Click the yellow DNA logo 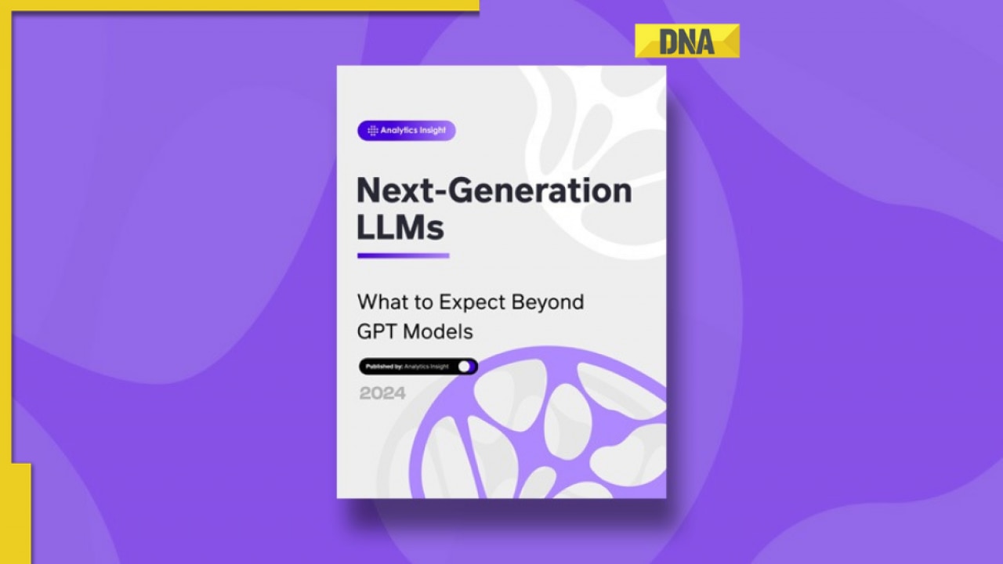coord(686,41)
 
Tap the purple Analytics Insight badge coord(406,131)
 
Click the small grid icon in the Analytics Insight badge coord(372,131)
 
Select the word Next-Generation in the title coord(494,190)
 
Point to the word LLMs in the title coord(400,227)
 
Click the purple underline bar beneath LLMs coord(403,255)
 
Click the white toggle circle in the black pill coord(465,366)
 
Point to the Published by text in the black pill coord(384,366)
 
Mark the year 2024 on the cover coord(382,393)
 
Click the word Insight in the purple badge coord(433,131)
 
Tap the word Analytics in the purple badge coord(400,131)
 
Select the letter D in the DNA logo coord(669,42)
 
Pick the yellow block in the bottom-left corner coord(16,513)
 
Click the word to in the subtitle coord(424,302)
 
